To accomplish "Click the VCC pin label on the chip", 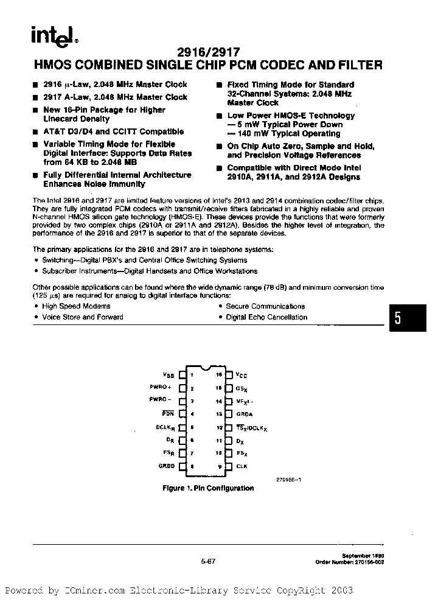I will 242,375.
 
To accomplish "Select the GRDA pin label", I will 245,414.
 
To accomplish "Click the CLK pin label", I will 242,466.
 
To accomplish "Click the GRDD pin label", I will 167,466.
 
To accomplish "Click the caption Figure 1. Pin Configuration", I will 207,488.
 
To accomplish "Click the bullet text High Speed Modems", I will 76,306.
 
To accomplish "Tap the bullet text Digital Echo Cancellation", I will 266,317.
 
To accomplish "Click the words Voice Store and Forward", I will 82,317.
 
